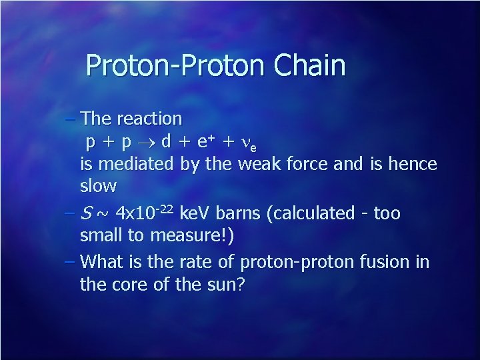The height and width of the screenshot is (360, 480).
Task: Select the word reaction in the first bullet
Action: tap(149, 119)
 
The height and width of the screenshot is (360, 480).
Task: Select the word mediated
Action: tap(137, 164)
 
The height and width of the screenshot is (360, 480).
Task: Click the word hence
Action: tap(413, 164)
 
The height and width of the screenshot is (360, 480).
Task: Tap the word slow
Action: tap(98, 186)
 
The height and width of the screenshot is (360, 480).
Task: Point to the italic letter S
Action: tap(85, 213)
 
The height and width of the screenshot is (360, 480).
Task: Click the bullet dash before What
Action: tap(71, 261)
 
